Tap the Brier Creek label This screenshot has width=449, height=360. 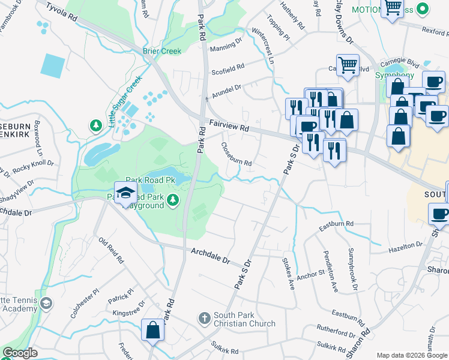pyautogui.click(x=161, y=51)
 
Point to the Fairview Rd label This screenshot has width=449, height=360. pyautogui.click(x=229, y=124)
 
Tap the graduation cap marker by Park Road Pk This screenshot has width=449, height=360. pyautogui.click(x=125, y=194)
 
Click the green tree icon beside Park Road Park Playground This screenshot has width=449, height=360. pyautogui.click(x=173, y=200)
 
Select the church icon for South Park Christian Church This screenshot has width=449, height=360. pyautogui.click(x=204, y=317)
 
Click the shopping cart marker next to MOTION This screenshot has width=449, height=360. pyautogui.click(x=393, y=8)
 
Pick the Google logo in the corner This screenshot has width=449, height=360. pyautogui.click(x=20, y=353)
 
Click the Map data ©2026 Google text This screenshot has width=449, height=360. pyautogui.click(x=411, y=355)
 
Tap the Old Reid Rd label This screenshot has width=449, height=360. pyautogui.click(x=111, y=251)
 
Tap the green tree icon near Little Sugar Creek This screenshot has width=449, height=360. pyautogui.click(x=95, y=125)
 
